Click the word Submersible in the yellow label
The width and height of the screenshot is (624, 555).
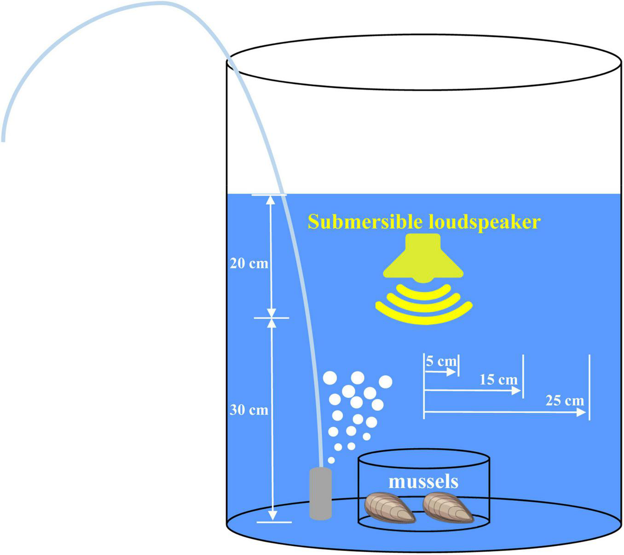point(365,222)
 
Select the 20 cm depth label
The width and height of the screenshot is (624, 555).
point(249,264)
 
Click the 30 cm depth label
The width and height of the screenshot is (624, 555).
point(249,410)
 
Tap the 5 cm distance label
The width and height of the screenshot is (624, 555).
point(441,361)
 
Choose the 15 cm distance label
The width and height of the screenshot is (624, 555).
point(498,380)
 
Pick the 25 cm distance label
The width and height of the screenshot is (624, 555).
point(565,401)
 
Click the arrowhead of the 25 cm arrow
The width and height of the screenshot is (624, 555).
point(582,412)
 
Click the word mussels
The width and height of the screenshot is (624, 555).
point(423,482)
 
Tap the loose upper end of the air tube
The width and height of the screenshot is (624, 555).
point(4,138)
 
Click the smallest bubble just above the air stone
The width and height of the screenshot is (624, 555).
point(331,460)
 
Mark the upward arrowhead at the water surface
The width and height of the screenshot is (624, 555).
point(271,200)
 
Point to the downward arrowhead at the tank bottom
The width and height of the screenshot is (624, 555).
point(272,516)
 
